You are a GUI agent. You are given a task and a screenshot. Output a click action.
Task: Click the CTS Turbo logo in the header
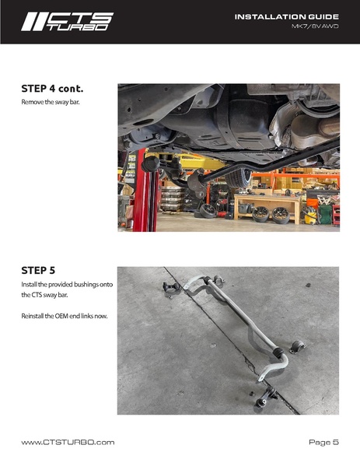[x=67, y=22]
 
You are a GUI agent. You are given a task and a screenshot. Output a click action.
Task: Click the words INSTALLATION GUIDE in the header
[x=287, y=17]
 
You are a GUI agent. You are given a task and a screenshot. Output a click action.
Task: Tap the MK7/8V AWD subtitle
[x=315, y=26]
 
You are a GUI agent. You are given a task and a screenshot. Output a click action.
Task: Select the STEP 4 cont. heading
[x=52, y=89]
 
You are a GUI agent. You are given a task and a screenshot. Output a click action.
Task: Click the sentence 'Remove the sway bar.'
[x=51, y=102]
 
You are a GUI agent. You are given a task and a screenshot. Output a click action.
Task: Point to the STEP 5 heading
[x=38, y=271]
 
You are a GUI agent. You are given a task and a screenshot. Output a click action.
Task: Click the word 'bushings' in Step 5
[x=86, y=285]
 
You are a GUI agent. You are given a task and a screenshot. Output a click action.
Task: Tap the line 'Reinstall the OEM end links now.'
[x=65, y=316]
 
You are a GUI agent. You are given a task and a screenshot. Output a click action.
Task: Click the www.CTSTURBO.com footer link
[x=68, y=442]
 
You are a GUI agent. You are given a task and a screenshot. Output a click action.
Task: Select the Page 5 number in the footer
[x=323, y=442]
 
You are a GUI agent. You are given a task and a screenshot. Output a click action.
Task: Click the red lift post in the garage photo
[x=145, y=193]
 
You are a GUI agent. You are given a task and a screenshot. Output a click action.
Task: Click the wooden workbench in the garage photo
[x=267, y=208]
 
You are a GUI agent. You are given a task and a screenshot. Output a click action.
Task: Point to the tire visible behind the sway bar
[x=238, y=178]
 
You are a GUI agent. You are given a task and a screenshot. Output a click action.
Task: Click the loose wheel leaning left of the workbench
[x=208, y=211]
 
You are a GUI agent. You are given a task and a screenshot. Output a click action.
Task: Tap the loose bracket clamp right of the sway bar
[x=298, y=347]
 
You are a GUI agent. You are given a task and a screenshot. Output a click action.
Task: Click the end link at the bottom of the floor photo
[x=264, y=398]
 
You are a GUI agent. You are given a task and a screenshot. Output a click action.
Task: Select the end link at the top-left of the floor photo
[x=171, y=287]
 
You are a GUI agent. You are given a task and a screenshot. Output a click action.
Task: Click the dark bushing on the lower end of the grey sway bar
[x=278, y=353]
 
